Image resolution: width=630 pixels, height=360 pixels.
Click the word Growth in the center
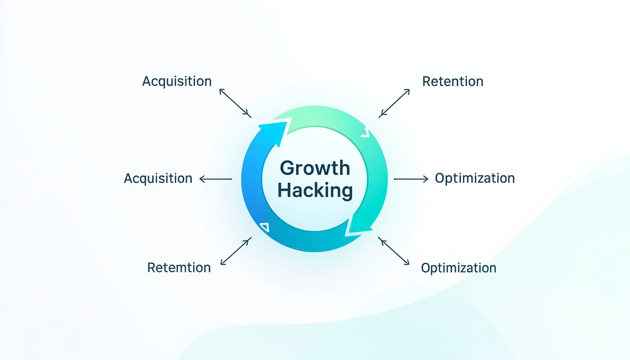(315, 168)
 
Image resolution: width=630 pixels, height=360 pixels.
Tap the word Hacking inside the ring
(315, 190)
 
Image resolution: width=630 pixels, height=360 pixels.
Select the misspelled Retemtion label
(179, 268)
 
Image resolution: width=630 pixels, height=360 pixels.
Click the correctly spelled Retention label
(453, 82)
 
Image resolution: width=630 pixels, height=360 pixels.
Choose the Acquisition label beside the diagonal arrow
(177, 82)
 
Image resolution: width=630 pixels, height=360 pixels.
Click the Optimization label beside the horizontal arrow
(475, 179)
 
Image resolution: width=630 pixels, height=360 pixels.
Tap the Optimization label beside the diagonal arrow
(458, 268)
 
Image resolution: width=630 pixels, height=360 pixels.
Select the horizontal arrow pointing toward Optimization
(411, 179)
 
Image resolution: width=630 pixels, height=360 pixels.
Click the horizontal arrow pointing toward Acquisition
(216, 179)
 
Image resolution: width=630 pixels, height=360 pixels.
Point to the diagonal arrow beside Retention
(394, 103)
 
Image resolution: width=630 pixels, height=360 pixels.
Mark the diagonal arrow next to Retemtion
(236, 251)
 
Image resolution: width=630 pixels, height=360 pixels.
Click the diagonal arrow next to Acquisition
(235, 103)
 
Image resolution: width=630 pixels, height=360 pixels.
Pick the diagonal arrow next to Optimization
(393, 251)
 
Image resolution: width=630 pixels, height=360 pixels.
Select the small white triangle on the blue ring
(265, 227)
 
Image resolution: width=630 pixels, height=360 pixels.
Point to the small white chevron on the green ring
(365, 133)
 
